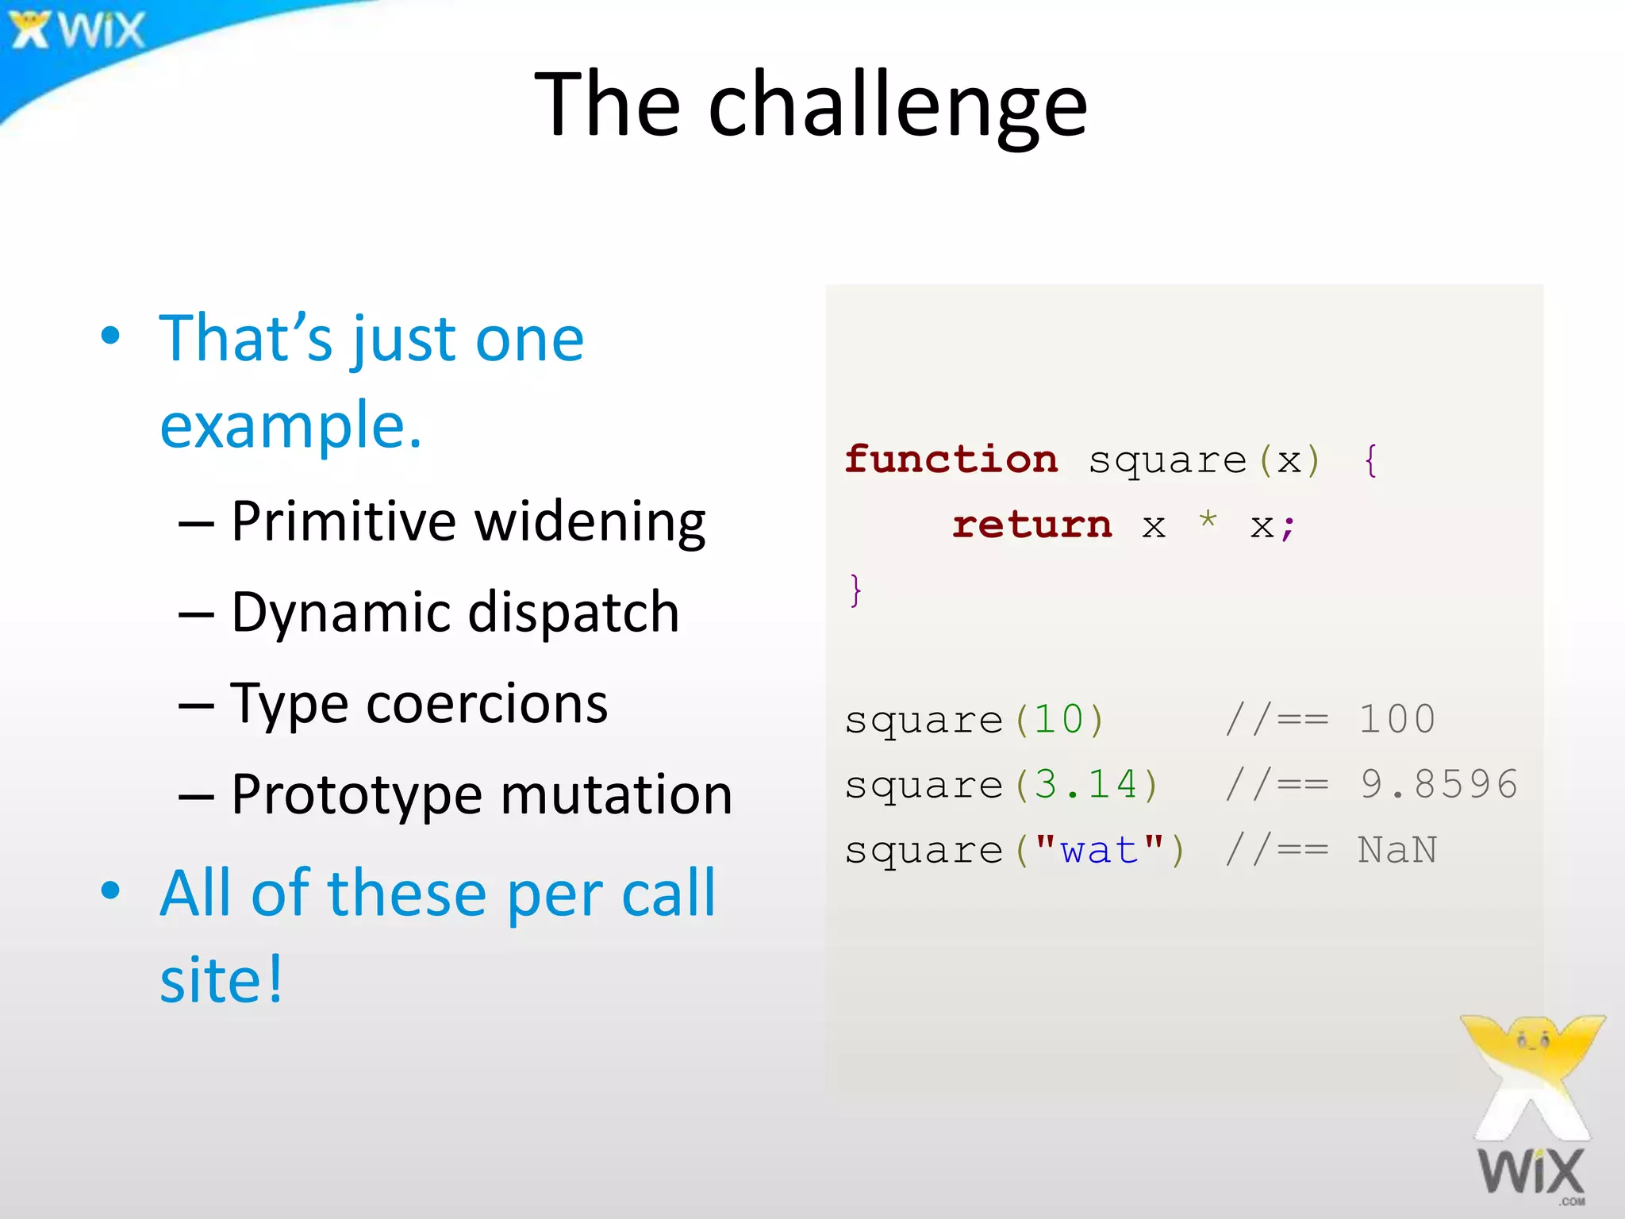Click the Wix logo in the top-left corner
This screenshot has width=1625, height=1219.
point(77,30)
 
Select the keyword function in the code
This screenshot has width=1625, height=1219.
point(951,460)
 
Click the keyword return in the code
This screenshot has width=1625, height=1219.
point(1031,525)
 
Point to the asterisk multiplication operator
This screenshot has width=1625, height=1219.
point(1208,521)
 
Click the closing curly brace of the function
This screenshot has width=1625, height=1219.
point(855,590)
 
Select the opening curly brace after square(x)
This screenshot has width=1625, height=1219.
point(1370,460)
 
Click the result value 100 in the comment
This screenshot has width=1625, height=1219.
point(1396,720)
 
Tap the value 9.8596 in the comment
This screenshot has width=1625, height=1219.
point(1439,785)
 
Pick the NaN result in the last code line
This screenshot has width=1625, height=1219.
point(1396,850)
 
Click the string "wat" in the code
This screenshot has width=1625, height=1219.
point(1099,850)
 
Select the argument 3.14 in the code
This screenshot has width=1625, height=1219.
point(1085,785)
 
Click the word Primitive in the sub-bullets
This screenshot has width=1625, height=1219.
point(343,522)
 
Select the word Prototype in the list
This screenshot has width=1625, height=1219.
point(356,795)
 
